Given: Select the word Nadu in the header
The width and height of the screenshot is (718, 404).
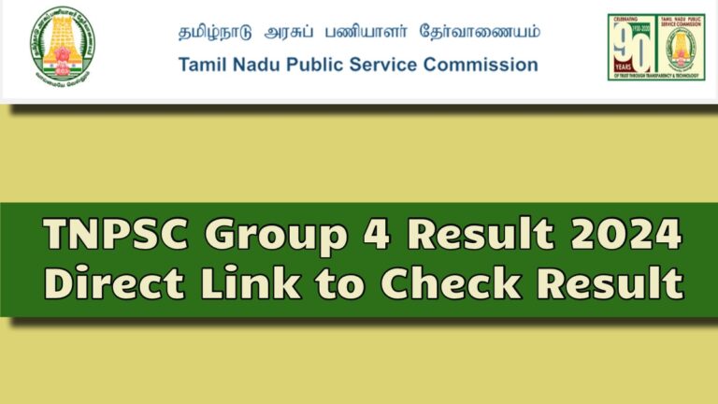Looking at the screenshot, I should click(254, 65).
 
